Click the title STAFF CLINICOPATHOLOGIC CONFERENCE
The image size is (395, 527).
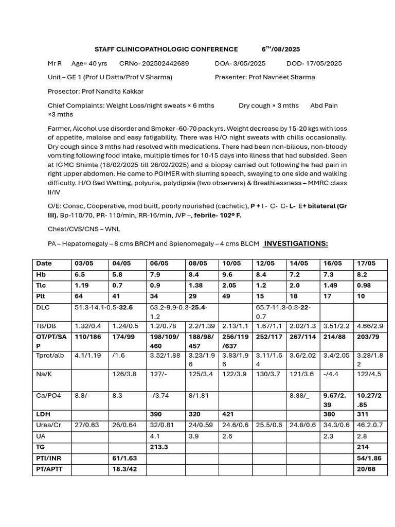(166, 49)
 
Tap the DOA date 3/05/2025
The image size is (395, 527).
(249, 63)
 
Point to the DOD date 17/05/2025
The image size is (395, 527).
(326, 63)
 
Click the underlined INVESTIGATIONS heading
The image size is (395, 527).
(296, 243)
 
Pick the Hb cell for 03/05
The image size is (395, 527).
(80, 274)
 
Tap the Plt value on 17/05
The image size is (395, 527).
(362, 296)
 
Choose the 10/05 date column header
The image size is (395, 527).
(231, 263)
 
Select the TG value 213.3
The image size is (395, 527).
(159, 447)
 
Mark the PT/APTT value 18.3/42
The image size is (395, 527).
(124, 469)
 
